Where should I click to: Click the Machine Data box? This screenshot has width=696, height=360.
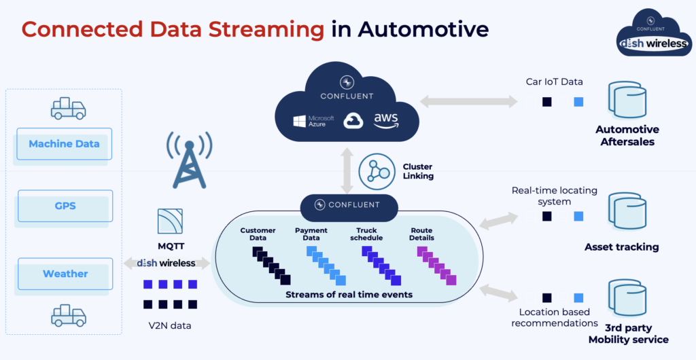[64, 144]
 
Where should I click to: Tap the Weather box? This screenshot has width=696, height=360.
[65, 274]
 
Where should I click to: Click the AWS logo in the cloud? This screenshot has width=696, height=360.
[385, 120]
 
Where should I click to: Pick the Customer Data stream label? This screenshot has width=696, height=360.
[258, 234]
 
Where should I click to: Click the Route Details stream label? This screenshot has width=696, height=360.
[421, 234]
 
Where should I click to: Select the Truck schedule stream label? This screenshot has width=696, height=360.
[367, 234]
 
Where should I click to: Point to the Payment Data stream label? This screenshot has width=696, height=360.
[311, 234]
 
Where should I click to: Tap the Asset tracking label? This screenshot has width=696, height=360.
[621, 247]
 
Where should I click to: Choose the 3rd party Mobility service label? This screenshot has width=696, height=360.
[628, 333]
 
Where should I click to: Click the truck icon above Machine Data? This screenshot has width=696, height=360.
[68, 108]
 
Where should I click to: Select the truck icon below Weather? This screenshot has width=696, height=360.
[68, 316]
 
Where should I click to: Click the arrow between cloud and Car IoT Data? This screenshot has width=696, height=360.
[468, 101]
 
